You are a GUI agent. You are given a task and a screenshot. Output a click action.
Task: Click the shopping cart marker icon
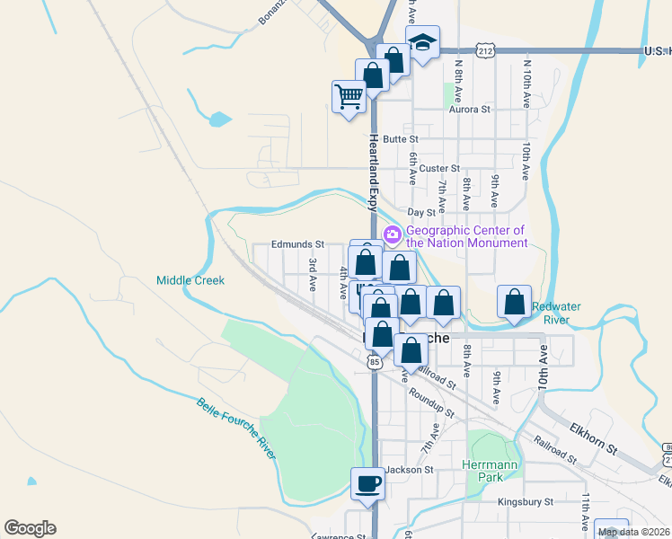(349, 94)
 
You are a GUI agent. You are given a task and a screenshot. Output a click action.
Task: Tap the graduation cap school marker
(421, 41)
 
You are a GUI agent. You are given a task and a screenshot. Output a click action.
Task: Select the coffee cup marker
(367, 484)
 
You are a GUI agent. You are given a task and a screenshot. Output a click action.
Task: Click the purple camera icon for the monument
(392, 235)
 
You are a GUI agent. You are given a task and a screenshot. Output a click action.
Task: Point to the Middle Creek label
(190, 280)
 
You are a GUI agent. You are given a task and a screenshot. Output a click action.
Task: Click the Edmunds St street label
(298, 244)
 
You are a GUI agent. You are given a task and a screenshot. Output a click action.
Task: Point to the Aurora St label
(471, 110)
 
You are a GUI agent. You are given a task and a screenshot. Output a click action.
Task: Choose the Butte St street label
(401, 139)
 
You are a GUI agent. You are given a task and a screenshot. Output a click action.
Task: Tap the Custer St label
(439, 168)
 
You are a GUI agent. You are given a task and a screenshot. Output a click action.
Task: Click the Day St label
(421, 213)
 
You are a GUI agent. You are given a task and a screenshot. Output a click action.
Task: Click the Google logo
(30, 528)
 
